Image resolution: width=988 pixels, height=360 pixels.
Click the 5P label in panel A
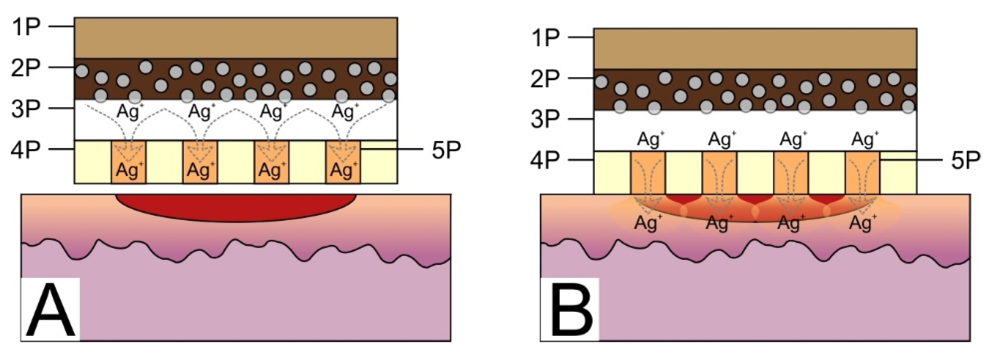[x=446, y=150]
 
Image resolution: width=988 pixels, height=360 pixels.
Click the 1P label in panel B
[x=545, y=38]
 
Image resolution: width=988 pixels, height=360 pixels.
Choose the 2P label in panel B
[x=545, y=79]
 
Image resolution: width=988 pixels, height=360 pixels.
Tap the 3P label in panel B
[x=545, y=119]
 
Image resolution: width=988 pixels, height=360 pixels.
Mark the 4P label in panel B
[x=545, y=160]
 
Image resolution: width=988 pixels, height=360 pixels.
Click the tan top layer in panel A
[x=235, y=38]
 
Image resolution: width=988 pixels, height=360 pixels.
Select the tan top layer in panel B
[x=755, y=49]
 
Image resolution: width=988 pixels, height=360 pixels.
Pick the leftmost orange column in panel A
[x=128, y=162]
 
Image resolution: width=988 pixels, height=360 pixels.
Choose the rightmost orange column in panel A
[x=343, y=162]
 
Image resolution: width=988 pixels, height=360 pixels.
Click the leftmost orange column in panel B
[x=648, y=173]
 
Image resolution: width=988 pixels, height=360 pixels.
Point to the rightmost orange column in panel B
[x=863, y=173]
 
